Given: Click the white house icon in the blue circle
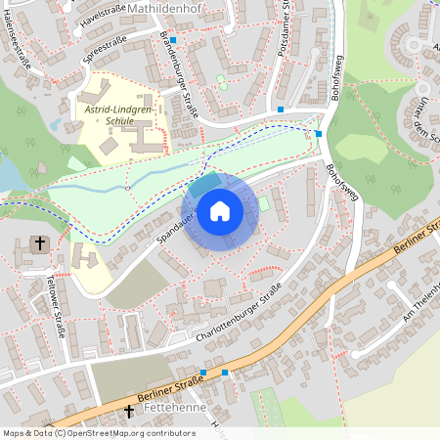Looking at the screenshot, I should (220, 211).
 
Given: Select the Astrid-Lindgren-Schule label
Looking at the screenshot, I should (123, 119).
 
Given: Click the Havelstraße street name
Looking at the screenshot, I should (105, 13).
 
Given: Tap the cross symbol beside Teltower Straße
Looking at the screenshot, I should (40, 242).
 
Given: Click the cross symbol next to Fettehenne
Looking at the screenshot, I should (128, 415).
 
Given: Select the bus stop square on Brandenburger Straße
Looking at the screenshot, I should (173, 40).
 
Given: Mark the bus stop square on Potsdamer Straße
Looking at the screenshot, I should (281, 110).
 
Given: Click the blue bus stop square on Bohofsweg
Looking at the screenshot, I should (319, 133).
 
